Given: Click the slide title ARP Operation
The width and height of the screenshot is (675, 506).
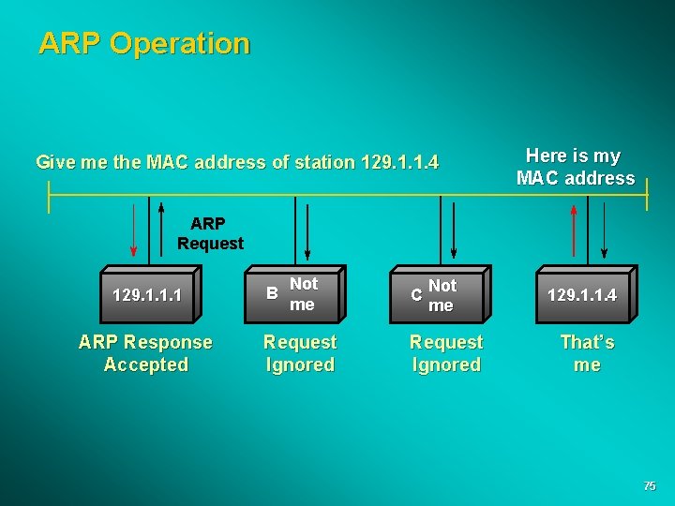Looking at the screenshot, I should [144, 43].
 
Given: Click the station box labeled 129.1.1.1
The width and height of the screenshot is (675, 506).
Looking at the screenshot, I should [147, 295].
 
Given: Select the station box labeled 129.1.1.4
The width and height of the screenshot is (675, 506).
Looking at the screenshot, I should [583, 295].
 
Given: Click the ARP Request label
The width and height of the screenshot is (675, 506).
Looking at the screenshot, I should [210, 233].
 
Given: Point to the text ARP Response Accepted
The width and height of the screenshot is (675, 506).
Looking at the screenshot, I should [145, 353].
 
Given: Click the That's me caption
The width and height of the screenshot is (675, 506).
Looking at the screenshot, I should [587, 353].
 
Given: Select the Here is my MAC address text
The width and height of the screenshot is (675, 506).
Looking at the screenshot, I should [575, 167].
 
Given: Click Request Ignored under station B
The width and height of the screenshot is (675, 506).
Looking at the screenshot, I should [300, 353].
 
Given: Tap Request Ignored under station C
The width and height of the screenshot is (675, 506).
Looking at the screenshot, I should [446, 353].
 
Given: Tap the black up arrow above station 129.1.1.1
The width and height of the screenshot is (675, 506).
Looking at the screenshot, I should [161, 230].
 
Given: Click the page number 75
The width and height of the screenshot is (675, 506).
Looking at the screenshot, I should [649, 486].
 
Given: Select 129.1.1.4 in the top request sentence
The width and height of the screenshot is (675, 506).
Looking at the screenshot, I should [400, 162].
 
